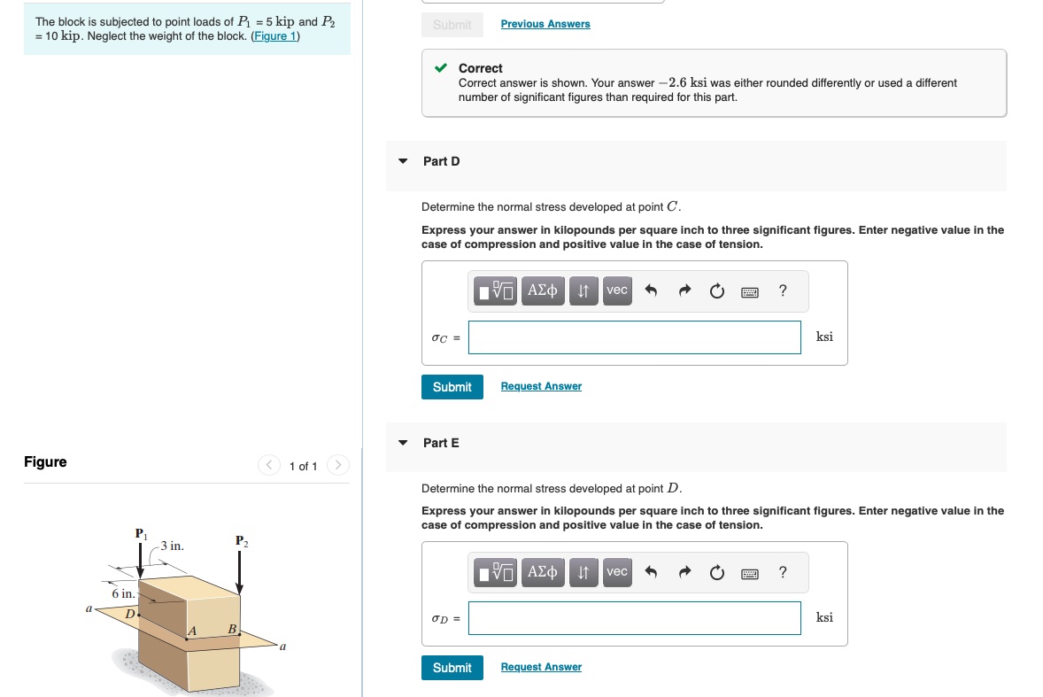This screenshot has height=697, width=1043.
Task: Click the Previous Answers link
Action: pyautogui.click(x=545, y=24)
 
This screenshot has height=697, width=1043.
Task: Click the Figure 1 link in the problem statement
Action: pyautogui.click(x=275, y=36)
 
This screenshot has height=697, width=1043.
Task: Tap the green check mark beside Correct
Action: pyautogui.click(x=440, y=68)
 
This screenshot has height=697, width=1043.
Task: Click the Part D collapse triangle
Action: pyautogui.click(x=403, y=161)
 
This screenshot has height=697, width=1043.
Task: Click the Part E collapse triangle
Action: pyautogui.click(x=403, y=443)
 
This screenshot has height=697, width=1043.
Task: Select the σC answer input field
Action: pyautogui.click(x=634, y=337)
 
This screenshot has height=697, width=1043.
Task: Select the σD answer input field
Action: pyautogui.click(x=634, y=618)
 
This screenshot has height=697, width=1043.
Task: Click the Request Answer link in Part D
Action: pyautogui.click(x=541, y=386)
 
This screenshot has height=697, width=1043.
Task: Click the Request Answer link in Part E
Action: pyautogui.click(x=541, y=667)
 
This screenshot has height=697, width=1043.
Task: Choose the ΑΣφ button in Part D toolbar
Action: pyautogui.click(x=542, y=290)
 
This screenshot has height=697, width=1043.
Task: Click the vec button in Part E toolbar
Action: pyautogui.click(x=616, y=572)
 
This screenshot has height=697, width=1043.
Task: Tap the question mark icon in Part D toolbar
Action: pyautogui.click(x=782, y=290)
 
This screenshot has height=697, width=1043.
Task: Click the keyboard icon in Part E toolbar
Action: pyautogui.click(x=749, y=573)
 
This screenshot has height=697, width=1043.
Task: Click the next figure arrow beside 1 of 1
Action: pyautogui.click(x=337, y=466)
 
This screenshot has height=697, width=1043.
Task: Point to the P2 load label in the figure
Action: pyautogui.click(x=242, y=540)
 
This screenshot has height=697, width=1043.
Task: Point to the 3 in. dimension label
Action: pyautogui.click(x=172, y=546)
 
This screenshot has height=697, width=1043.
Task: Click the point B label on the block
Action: pyautogui.click(x=232, y=628)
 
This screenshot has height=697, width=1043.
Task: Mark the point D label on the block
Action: pyautogui.click(x=129, y=613)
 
